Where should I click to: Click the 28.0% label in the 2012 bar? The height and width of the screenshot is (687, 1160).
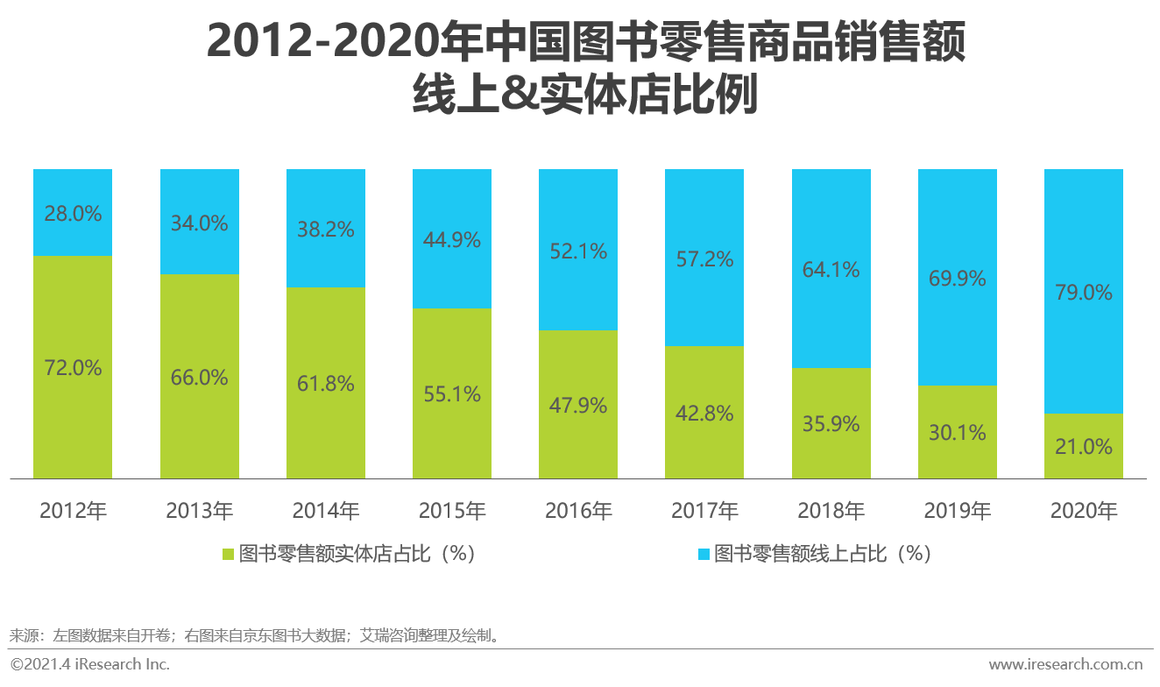[73, 213]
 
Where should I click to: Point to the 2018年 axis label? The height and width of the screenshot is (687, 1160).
[831, 510]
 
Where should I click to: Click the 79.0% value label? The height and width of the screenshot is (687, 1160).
[1084, 292]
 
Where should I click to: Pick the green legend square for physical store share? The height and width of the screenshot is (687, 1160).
[228, 554]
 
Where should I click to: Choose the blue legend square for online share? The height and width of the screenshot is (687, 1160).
[703, 554]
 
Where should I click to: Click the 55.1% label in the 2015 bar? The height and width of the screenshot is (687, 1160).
[451, 394]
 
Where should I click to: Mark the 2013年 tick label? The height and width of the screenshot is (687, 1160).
[200, 510]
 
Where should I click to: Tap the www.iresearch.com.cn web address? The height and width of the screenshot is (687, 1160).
[1066, 663]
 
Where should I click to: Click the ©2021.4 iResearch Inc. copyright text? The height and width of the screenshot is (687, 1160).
[89, 663]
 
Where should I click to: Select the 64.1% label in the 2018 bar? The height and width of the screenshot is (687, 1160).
[831, 269]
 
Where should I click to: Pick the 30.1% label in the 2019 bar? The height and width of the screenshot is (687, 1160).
[957, 432]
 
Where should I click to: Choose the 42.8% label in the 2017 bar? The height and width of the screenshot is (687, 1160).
[704, 414]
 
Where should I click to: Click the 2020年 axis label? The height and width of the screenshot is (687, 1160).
[1084, 510]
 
